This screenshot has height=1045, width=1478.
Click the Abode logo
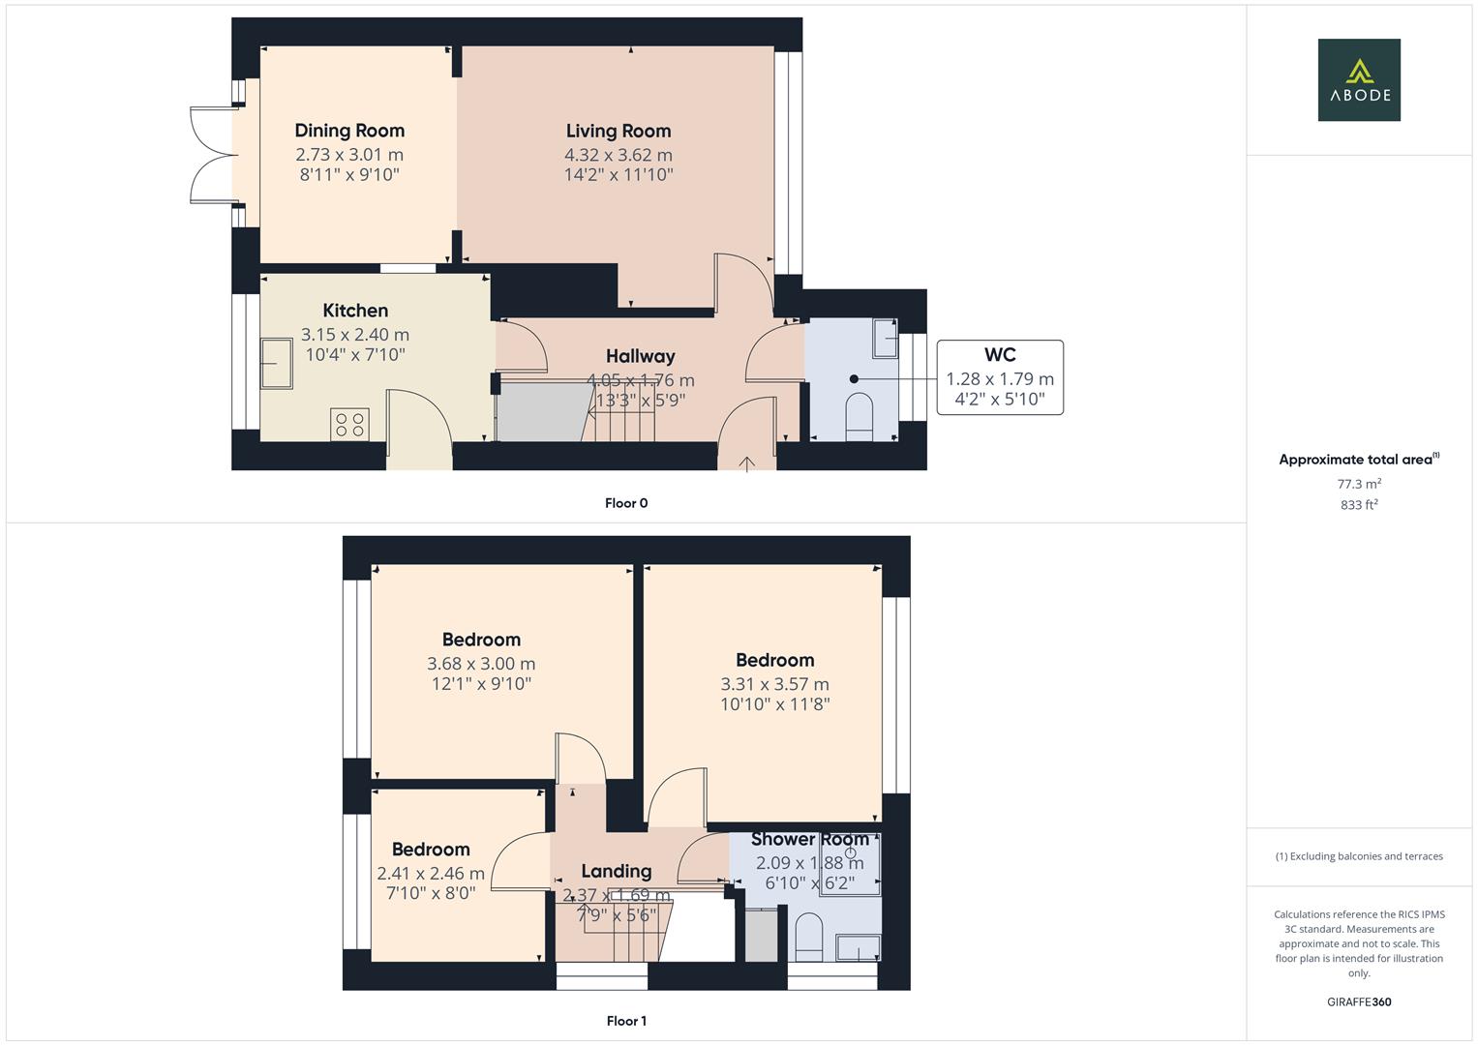click(1359, 80)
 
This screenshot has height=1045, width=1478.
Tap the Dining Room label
click(349, 131)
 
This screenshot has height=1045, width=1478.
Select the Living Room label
click(618, 131)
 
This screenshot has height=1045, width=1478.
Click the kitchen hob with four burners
click(349, 424)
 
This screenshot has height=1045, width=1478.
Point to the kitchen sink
click(277, 363)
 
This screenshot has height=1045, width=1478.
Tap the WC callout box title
click(1000, 355)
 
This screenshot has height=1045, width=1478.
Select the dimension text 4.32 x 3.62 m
click(618, 155)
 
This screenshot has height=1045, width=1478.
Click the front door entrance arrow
click(746, 463)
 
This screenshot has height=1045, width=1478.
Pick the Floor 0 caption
click(626, 503)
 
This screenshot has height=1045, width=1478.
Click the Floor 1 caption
click(626, 1021)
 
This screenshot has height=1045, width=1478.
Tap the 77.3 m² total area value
click(1359, 484)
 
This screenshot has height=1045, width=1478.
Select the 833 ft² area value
click(1359, 505)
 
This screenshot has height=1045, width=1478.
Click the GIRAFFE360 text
click(1359, 1002)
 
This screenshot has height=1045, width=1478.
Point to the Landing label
click(617, 871)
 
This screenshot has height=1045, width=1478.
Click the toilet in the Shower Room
click(807, 937)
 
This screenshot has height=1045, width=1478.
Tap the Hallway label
click(640, 356)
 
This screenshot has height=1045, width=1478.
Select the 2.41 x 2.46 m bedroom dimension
click(431, 874)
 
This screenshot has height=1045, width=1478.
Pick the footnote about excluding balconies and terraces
click(1359, 856)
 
